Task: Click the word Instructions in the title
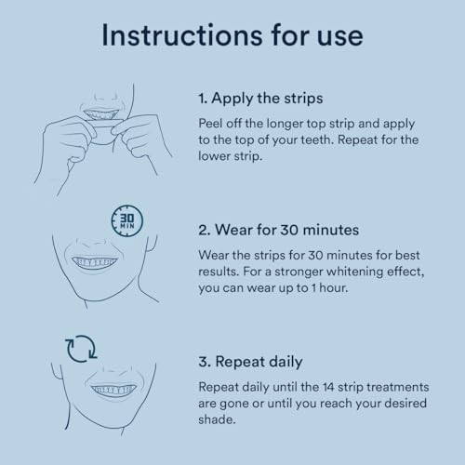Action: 182,35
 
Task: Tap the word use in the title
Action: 339,38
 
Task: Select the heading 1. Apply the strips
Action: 260,99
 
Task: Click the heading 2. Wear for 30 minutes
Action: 278,230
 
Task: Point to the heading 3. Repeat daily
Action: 250,362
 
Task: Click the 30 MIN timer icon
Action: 127,221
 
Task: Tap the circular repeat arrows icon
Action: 81,349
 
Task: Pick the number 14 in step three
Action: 328,387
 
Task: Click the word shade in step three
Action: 216,419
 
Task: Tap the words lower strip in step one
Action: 230,156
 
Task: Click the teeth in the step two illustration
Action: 95,262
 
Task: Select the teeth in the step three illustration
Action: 113,390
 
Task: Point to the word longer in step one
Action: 285,124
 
